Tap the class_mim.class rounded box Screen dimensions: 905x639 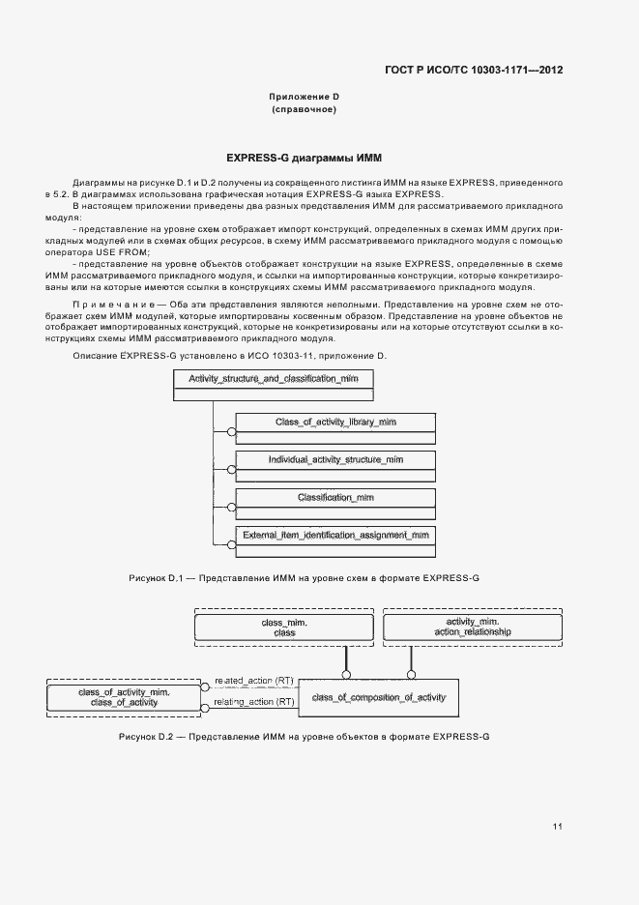(x=284, y=628)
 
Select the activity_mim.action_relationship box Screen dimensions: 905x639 (x=473, y=627)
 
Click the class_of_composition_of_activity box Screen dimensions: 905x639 (x=378, y=697)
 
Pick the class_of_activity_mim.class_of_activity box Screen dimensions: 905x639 (x=124, y=698)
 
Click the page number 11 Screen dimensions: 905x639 (x=558, y=827)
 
